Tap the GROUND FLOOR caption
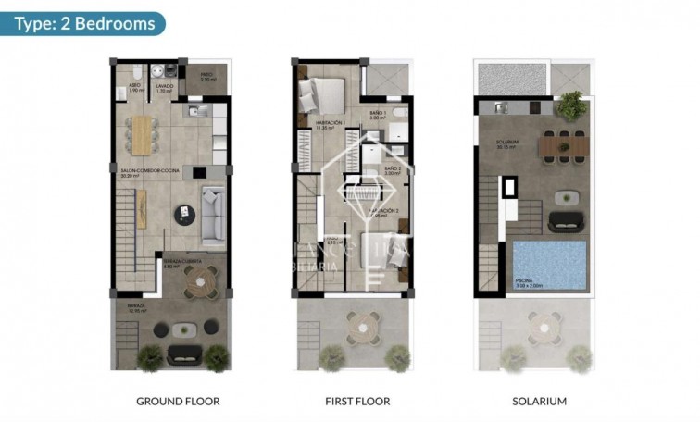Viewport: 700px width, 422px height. point(178,402)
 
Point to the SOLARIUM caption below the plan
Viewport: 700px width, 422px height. point(539,402)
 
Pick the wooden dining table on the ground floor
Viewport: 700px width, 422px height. point(141,133)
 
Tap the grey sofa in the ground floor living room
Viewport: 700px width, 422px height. point(214,216)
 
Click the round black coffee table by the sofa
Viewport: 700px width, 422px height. point(186,214)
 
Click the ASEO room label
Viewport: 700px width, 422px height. point(134,89)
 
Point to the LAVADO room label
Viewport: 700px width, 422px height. point(163,89)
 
